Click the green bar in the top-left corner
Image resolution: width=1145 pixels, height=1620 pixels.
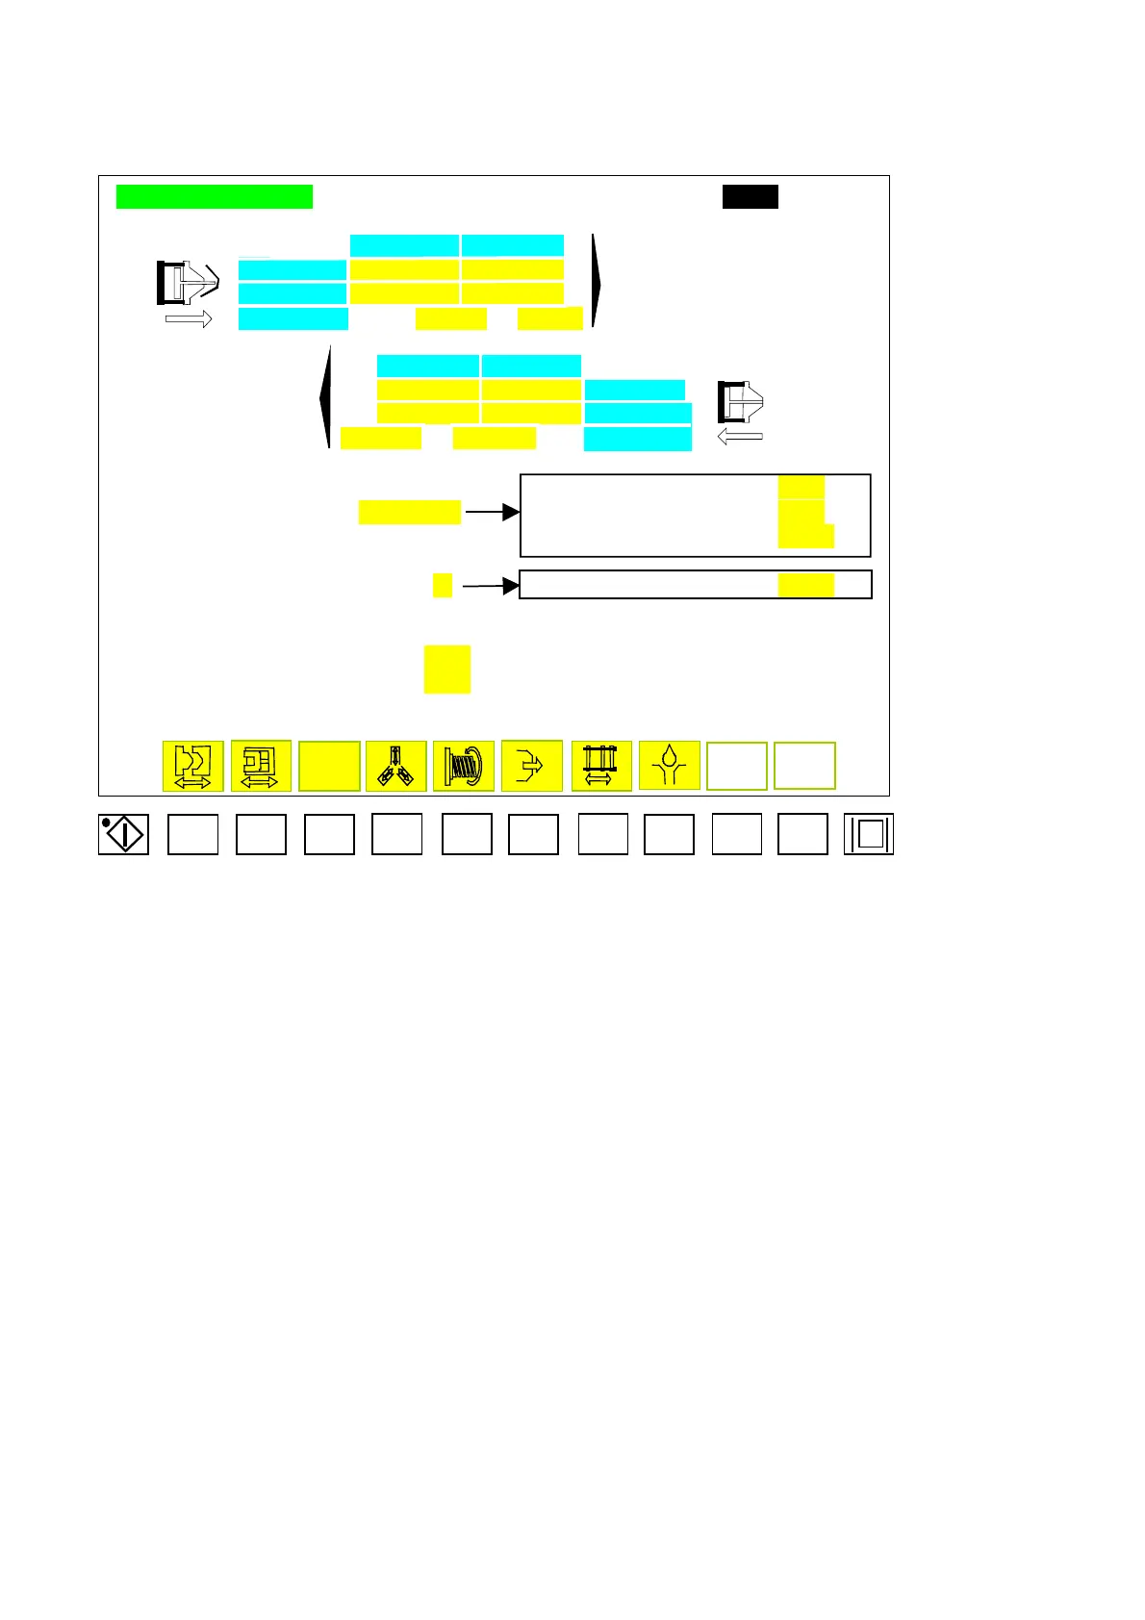[x=214, y=196]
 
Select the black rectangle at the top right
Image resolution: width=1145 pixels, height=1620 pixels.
[x=751, y=196]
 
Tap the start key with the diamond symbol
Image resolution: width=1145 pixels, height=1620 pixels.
[x=123, y=834]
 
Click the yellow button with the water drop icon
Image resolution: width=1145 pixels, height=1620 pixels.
[x=669, y=766]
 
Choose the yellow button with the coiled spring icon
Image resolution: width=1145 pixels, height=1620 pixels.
[x=464, y=766]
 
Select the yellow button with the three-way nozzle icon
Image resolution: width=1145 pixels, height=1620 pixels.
[x=395, y=766]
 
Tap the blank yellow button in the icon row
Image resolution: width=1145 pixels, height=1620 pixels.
[x=329, y=766]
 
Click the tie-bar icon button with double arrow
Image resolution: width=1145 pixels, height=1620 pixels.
[x=601, y=766]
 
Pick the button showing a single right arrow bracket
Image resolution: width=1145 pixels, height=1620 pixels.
[x=532, y=766]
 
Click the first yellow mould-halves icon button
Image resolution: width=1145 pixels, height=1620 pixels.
[x=192, y=766]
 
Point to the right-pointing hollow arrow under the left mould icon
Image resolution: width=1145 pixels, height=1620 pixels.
[x=189, y=318]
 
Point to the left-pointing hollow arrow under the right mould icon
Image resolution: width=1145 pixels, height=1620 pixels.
[x=741, y=437]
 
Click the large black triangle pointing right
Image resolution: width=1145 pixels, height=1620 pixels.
[x=598, y=281]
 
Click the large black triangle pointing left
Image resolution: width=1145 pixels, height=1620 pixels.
[x=325, y=396]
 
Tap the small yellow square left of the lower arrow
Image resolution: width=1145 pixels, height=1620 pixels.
[x=443, y=585]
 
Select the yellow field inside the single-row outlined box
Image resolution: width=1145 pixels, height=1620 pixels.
[x=806, y=585]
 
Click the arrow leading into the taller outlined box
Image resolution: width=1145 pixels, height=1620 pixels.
[x=492, y=513]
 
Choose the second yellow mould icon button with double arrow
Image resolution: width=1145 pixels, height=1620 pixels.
[x=261, y=766]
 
